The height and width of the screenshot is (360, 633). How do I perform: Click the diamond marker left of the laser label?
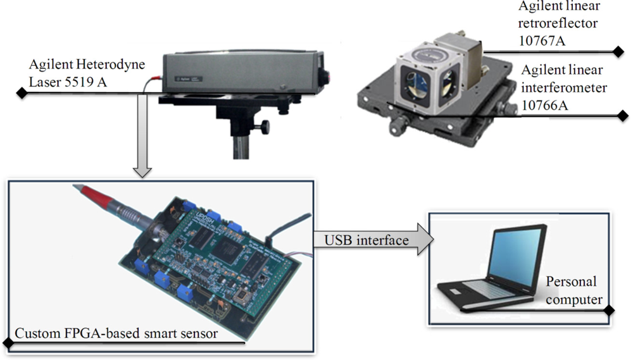(21, 93)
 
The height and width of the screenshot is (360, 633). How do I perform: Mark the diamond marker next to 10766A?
(623, 115)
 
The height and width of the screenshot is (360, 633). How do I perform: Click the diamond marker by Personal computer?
(609, 311)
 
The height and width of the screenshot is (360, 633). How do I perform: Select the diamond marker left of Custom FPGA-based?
(8, 343)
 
